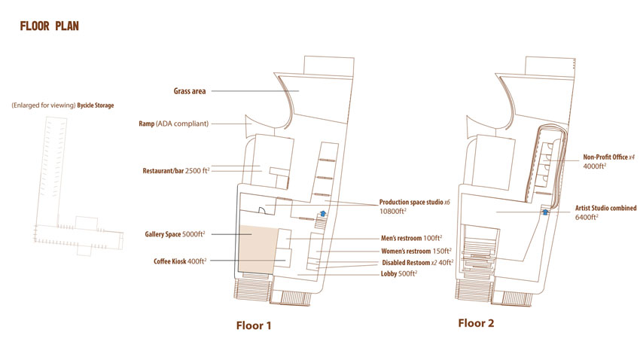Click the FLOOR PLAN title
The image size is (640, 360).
coord(50,26)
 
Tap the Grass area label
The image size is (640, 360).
coord(190,91)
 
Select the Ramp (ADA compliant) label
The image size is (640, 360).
coord(173,124)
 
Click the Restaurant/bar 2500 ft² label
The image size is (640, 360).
coord(176,171)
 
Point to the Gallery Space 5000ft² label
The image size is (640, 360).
coord(175,234)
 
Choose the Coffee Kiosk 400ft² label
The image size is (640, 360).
coord(180,261)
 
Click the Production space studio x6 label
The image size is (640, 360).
coord(415,202)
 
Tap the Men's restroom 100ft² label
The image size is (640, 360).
coord(411,238)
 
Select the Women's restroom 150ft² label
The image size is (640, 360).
coord(416,251)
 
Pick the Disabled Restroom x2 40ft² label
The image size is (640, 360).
coord(418,262)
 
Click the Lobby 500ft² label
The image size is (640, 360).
coord(399,273)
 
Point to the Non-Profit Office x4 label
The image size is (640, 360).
coord(608,157)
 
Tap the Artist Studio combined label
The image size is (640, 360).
coord(605,208)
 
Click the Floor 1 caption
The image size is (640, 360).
coord(254,325)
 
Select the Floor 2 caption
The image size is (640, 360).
coord(476,323)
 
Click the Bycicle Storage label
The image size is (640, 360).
coord(96,105)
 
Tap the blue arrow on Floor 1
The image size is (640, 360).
coord(323,213)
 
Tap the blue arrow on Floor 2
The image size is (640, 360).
coord(545,212)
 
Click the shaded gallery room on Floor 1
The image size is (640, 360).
coord(258,249)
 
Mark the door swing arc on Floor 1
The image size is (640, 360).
coord(264,209)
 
